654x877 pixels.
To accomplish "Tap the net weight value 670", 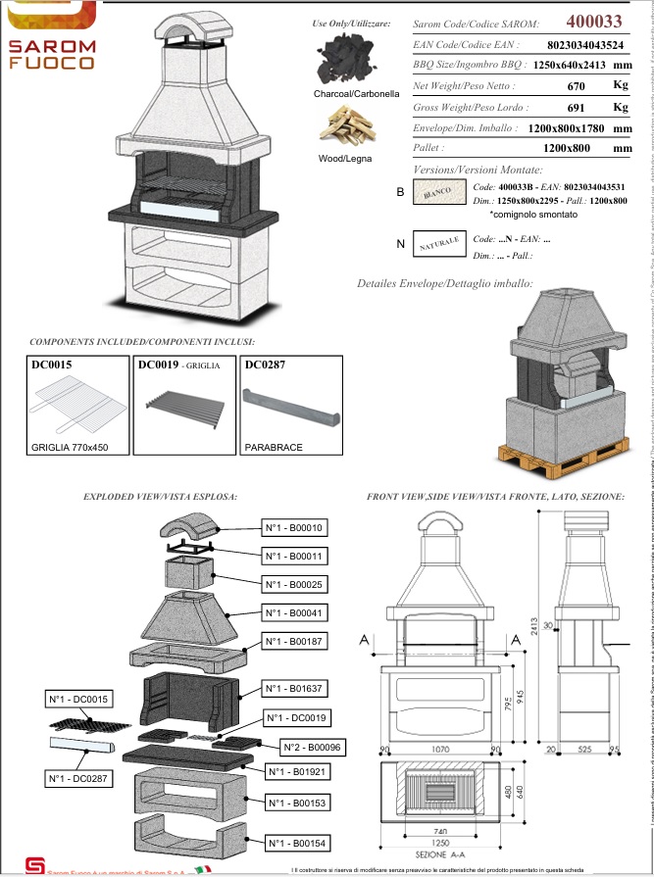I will tap(577, 85).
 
